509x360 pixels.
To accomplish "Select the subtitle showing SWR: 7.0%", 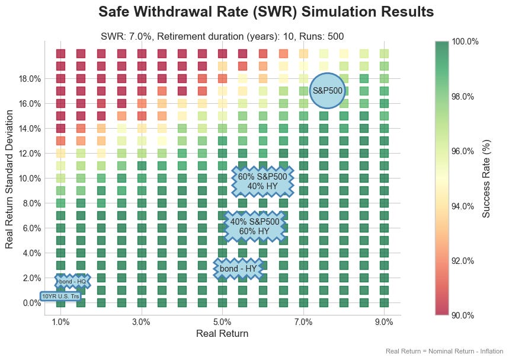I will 222,37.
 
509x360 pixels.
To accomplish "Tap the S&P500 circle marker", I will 327,91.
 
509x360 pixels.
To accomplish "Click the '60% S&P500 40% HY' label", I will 262,181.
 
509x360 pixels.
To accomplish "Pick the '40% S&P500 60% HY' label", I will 255,226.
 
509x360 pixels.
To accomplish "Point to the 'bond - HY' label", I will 238,269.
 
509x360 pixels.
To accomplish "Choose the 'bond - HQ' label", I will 73,281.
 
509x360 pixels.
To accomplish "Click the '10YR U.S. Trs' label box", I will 60,296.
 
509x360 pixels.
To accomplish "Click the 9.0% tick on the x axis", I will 384,322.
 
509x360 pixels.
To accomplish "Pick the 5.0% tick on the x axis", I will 222,322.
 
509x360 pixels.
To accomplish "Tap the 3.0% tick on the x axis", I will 142,322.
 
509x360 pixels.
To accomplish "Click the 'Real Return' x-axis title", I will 222,334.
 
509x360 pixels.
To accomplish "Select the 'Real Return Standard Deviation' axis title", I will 9,178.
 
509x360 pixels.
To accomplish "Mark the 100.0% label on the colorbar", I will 465,42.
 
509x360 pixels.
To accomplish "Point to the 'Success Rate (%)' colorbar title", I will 486,178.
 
